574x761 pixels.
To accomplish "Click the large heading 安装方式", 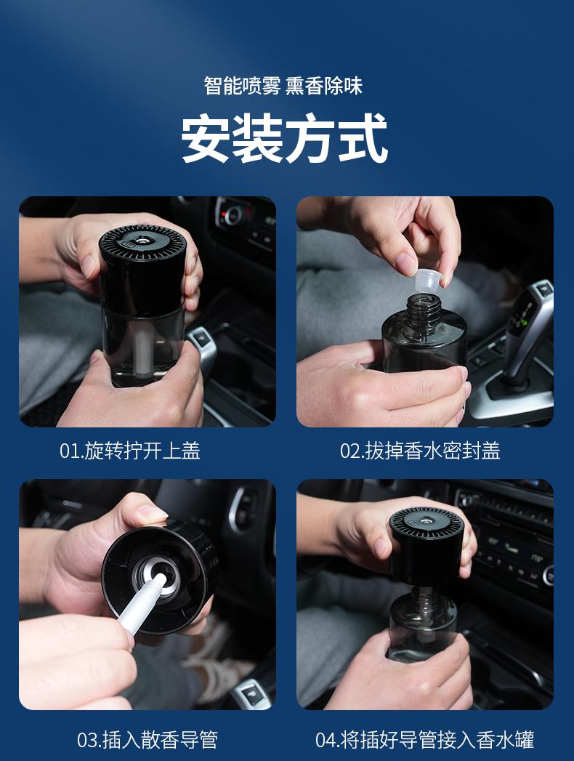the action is (284, 138).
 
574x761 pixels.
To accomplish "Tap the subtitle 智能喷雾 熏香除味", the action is (283, 86).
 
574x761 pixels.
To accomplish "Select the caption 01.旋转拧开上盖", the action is (129, 451).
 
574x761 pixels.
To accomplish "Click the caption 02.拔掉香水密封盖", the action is (420, 451).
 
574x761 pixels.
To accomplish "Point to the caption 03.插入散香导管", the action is (147, 740).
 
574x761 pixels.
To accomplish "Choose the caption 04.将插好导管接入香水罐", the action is (424, 740).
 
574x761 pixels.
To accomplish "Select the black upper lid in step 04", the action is (427, 546).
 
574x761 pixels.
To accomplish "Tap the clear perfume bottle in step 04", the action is (423, 624).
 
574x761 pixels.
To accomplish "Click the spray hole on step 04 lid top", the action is (426, 521).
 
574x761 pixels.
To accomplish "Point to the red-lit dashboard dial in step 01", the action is (233, 214).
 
